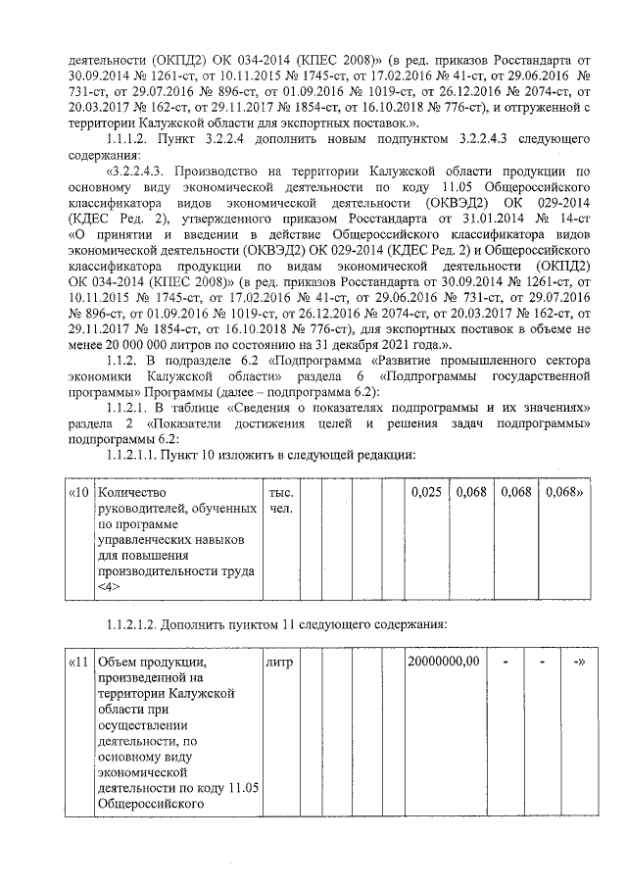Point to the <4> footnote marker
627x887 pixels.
(x=107, y=586)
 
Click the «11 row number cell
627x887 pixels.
(x=80, y=663)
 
